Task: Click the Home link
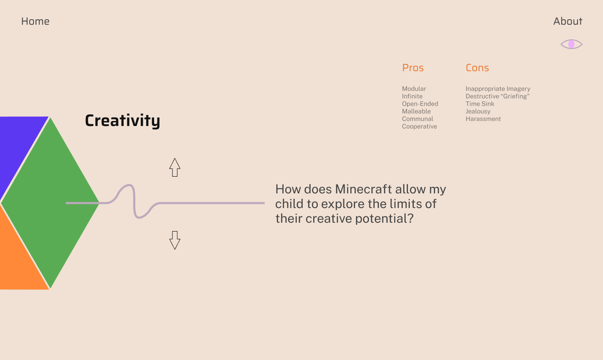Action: click(35, 21)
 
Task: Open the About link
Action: click(568, 21)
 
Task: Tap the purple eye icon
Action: click(572, 44)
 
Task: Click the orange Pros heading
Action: click(413, 68)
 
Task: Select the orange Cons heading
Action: click(477, 68)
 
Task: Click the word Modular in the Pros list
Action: click(414, 89)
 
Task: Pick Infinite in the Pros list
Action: click(412, 96)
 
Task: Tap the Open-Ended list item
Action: click(420, 104)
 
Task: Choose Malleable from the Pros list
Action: click(416, 111)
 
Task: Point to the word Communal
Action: click(417, 119)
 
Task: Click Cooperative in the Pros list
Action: click(420, 126)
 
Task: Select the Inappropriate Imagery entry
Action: click(498, 89)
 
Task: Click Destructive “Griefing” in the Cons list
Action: click(498, 96)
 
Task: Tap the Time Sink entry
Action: click(480, 104)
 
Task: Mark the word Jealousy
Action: click(478, 111)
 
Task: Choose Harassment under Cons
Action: click(483, 119)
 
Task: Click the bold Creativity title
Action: click(122, 121)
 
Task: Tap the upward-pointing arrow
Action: click(175, 167)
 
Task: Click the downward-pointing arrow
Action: click(175, 240)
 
